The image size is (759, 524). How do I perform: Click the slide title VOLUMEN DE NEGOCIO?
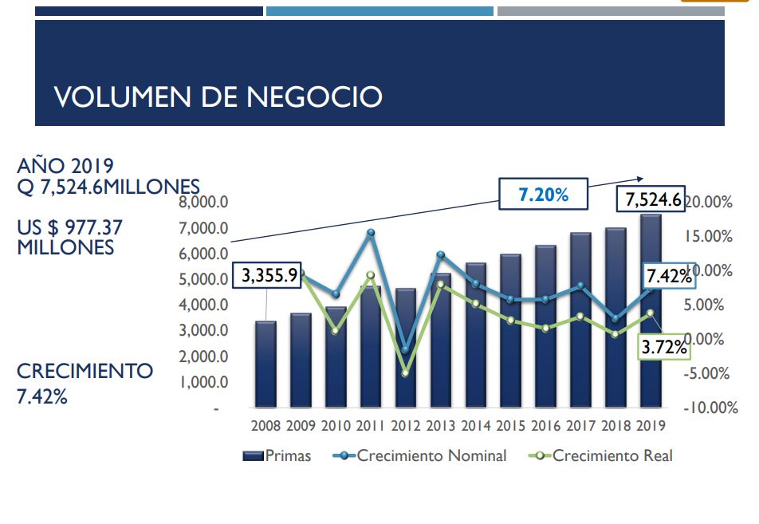coord(218,97)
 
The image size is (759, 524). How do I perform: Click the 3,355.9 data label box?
coord(269,276)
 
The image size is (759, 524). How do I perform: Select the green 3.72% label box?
coord(664,347)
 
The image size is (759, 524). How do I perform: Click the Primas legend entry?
coord(277,456)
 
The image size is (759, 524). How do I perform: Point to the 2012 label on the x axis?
coord(406,426)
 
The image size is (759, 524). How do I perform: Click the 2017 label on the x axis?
coord(580,426)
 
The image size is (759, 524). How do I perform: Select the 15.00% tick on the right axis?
coord(709,237)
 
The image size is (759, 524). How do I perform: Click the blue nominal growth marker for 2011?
coord(371,233)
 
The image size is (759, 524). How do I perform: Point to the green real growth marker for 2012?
coord(405,372)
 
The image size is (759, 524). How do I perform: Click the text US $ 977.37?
coord(70,228)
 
